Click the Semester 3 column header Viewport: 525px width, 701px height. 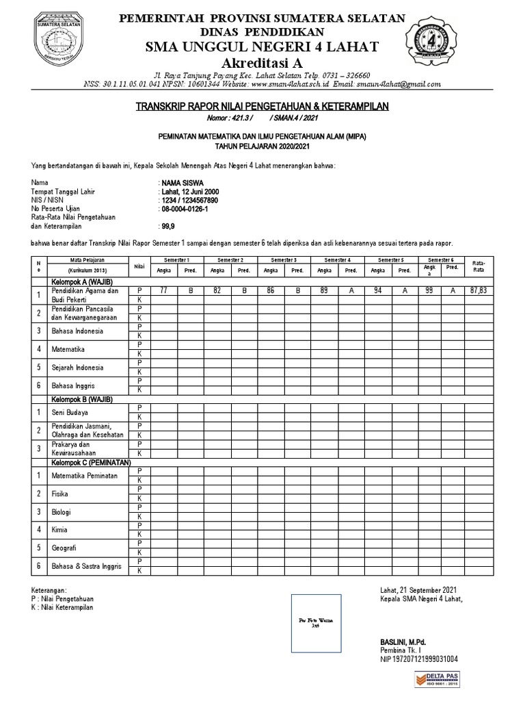(x=284, y=260)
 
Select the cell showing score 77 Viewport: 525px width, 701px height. (x=164, y=291)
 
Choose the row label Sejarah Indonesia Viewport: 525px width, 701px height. (x=77, y=367)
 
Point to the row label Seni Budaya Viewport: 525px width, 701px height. (x=71, y=413)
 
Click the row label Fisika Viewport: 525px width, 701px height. (x=60, y=493)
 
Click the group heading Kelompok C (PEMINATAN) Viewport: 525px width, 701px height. (x=90, y=463)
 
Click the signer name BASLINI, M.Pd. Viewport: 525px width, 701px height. (x=403, y=641)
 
